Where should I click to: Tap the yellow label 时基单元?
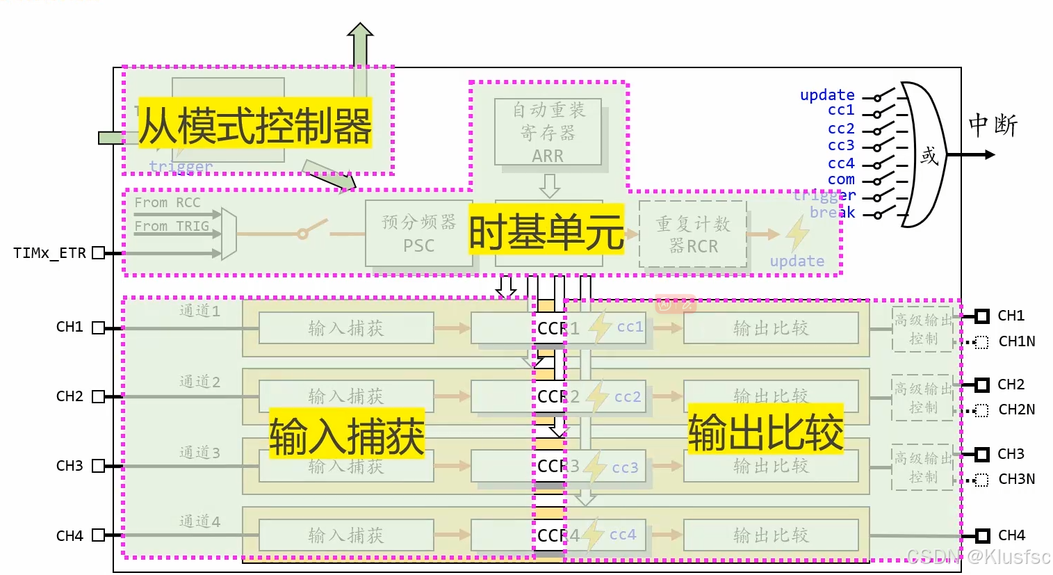point(546,232)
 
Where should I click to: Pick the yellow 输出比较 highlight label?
point(765,430)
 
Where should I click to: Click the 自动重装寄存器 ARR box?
point(548,132)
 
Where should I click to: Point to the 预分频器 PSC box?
point(418,234)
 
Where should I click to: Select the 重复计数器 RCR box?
point(692,234)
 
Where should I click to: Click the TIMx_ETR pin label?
point(49,253)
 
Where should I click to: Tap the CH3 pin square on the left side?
point(98,466)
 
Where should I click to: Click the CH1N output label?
point(1016,341)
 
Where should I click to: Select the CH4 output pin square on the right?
point(982,535)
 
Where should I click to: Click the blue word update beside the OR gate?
point(826,95)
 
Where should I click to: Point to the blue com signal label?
point(841,179)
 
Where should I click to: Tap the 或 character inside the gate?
point(929,155)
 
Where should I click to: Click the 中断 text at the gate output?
point(993,125)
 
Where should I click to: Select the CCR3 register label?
point(557,466)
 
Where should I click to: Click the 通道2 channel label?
point(199,382)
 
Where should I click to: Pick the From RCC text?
point(168,202)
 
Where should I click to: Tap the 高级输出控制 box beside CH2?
point(923,398)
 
